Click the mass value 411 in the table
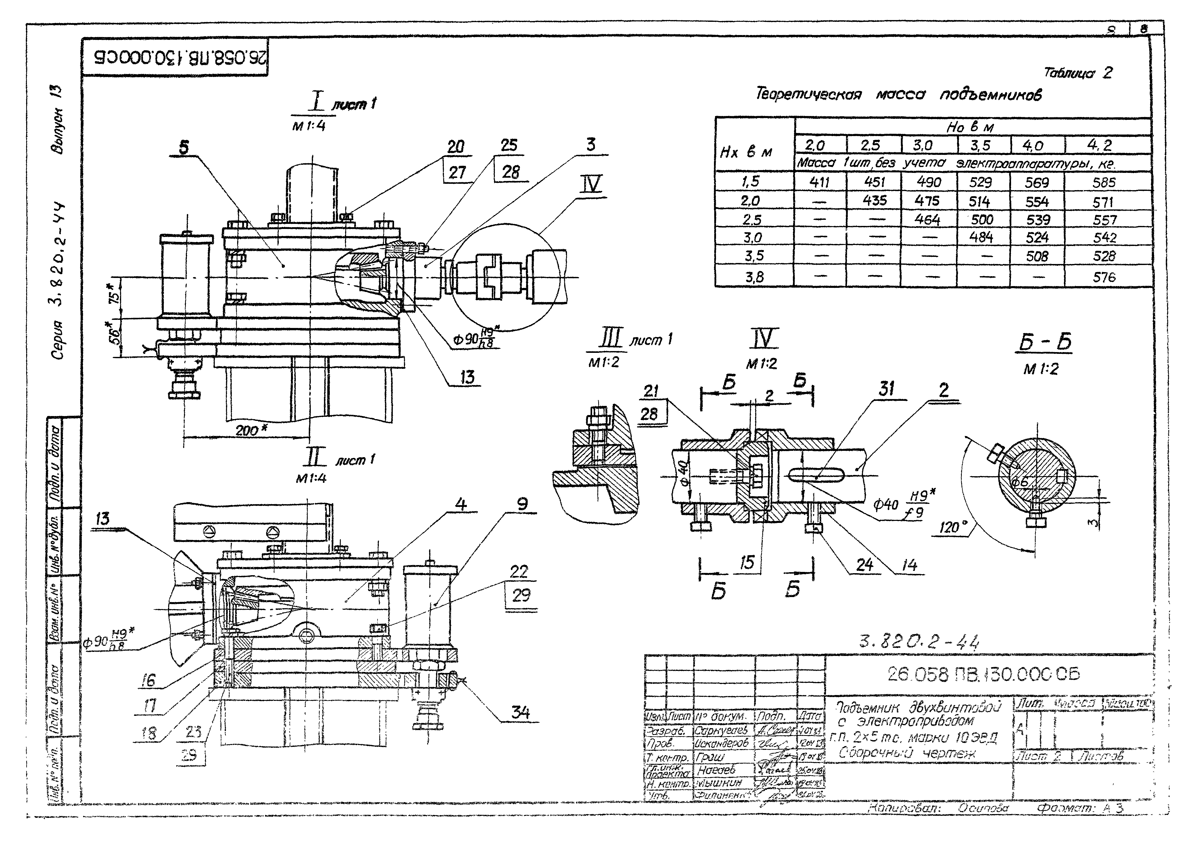point(819,182)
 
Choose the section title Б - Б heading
point(1044,343)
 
